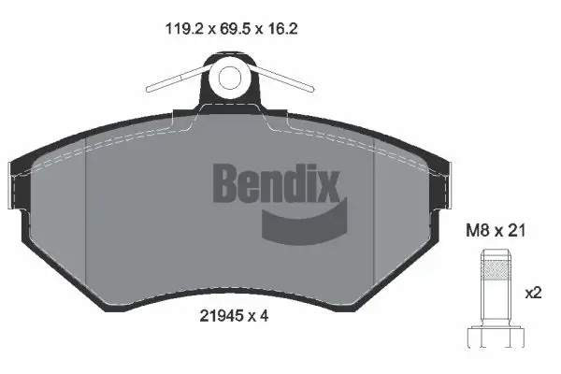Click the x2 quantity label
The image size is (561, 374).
[x=534, y=293]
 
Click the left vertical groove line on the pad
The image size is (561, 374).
[x=85, y=224]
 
